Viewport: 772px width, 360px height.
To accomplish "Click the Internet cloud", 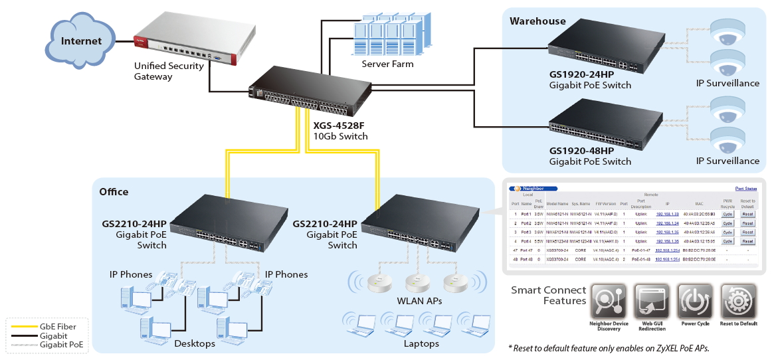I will [81, 41].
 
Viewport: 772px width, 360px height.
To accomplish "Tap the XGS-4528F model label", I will [339, 125].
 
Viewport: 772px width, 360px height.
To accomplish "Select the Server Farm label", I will [387, 64].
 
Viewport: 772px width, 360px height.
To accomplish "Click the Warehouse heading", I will [537, 21].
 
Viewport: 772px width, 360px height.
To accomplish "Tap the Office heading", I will [114, 192].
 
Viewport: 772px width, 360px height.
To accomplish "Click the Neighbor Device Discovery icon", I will [609, 302].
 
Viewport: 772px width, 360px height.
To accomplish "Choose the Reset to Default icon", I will [737, 302].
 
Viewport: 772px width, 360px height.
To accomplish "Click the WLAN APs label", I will [419, 301].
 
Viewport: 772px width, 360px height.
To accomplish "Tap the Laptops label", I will [421, 343].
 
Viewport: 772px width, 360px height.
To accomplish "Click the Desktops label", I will [195, 343].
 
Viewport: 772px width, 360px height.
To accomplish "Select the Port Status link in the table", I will [746, 189].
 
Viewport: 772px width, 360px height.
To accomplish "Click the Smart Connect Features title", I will [549, 296].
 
